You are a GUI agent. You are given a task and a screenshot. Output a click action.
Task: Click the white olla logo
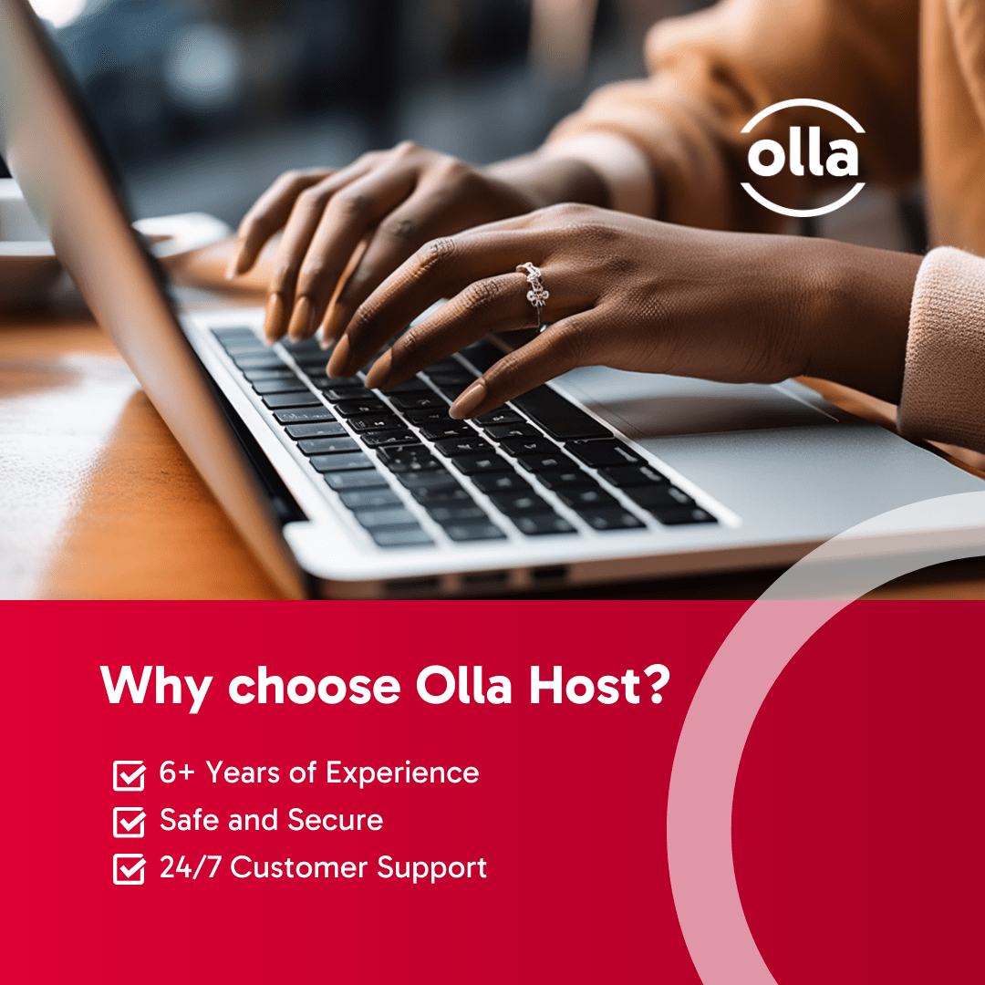(803, 157)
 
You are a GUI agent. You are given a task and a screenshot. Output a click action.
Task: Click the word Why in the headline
(156, 686)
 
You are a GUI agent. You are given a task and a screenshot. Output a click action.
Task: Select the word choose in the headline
(314, 685)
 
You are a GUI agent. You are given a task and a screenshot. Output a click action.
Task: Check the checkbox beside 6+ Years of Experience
(129, 774)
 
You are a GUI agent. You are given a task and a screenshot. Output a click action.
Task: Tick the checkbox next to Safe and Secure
(129, 822)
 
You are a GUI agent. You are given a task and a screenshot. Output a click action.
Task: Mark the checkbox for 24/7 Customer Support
(129, 869)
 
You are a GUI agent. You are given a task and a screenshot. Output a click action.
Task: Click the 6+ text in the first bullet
(177, 772)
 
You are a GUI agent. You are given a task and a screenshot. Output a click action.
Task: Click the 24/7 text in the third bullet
(191, 867)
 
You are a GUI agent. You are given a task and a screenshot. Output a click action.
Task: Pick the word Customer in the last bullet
(299, 867)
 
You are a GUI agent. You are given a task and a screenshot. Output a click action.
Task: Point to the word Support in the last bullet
(431, 869)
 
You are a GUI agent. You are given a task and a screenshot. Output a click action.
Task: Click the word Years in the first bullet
(244, 772)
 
